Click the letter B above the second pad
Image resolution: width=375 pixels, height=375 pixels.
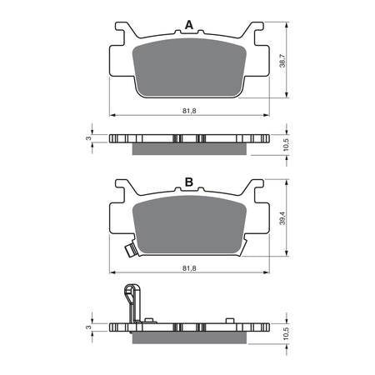(189, 182)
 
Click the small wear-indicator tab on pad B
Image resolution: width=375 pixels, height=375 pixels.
(131, 250)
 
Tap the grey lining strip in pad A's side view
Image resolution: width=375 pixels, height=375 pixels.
(190, 147)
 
